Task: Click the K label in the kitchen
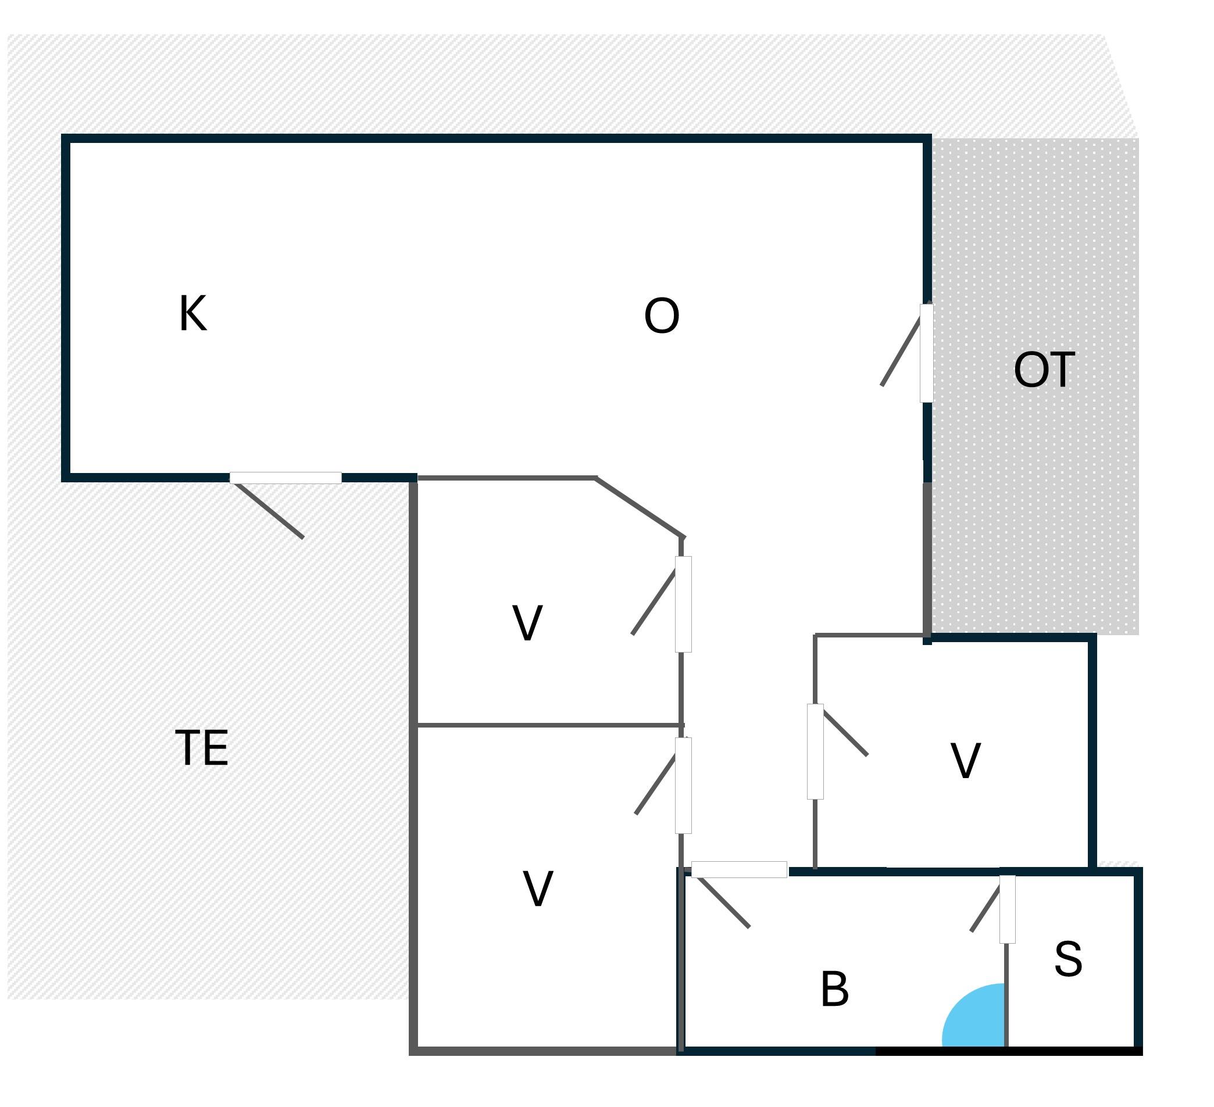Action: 192,313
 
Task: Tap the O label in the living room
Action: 661,316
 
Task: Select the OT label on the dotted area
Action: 1044,370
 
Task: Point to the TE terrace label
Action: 201,748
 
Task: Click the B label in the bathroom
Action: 835,989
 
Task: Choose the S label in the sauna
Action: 1068,959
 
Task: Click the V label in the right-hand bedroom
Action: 966,760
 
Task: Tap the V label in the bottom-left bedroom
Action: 538,889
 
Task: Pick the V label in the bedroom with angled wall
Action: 527,623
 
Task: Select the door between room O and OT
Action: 926,353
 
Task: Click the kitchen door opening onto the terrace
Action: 285,478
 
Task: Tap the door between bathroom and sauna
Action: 1007,909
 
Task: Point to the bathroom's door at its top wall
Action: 739,869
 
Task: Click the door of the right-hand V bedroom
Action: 815,751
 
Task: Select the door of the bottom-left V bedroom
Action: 683,785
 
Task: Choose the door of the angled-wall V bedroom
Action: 683,604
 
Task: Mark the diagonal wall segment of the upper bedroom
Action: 640,507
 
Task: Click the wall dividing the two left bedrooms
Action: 548,725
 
